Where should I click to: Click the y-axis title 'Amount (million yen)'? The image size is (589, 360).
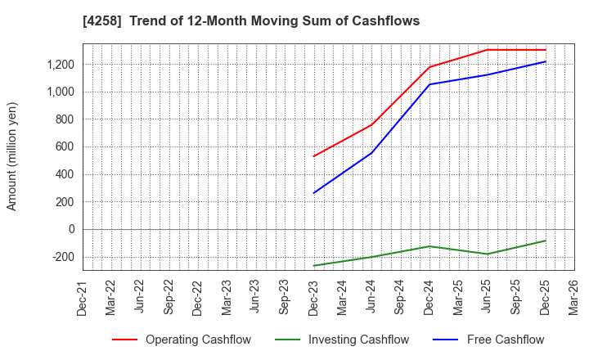pyautogui.click(x=11, y=156)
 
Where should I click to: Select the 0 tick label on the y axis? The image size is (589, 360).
pyautogui.click(x=71, y=229)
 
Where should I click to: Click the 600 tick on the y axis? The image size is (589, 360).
pyautogui.click(x=65, y=147)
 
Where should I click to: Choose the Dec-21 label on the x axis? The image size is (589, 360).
pyautogui.click(x=83, y=298)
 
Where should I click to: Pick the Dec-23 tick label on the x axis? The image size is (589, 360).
pyautogui.click(x=313, y=298)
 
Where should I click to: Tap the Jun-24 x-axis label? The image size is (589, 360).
pyautogui.click(x=371, y=298)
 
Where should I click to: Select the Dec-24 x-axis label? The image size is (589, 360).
pyautogui.click(x=429, y=298)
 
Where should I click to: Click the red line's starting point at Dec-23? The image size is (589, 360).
pyautogui.click(x=313, y=156)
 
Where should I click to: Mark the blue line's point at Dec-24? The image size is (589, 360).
pyautogui.click(x=429, y=84)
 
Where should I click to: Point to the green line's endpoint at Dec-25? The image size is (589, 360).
pyautogui.click(x=546, y=241)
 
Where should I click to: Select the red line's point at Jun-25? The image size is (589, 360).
pyautogui.click(x=488, y=50)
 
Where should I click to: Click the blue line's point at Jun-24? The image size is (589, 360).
pyautogui.click(x=371, y=153)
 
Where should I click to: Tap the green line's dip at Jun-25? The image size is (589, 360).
pyautogui.click(x=488, y=254)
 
